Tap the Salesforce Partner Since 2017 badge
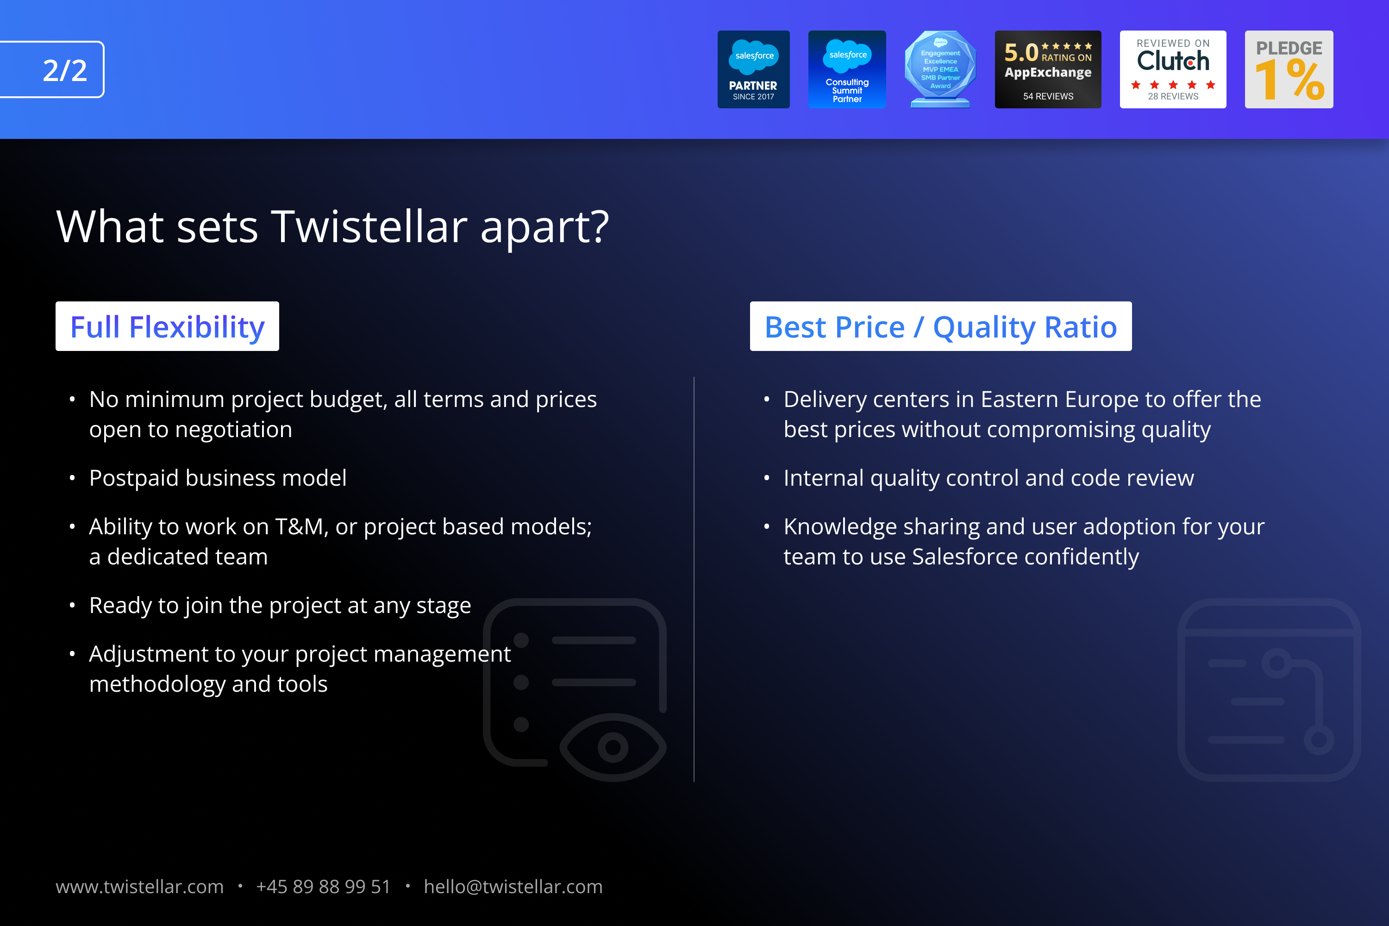[754, 69]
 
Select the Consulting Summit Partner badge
[847, 69]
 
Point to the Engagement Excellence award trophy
[940, 69]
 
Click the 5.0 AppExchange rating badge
[1048, 69]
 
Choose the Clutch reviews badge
[1173, 69]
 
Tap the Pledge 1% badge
[1289, 69]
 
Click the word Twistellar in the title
[369, 226]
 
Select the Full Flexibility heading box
[167, 326]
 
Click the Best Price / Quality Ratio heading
[941, 326]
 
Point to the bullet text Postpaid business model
[218, 478]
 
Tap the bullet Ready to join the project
[280, 605]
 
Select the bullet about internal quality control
[989, 478]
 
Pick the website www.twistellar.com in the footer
[139, 887]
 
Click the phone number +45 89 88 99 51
[323, 887]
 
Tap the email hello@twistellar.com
[513, 887]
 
